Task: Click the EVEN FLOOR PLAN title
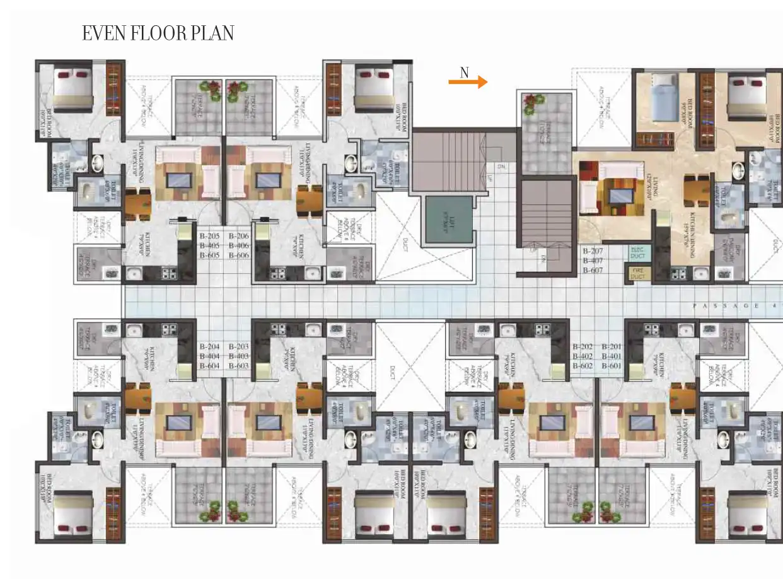click(158, 33)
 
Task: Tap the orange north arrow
click(468, 82)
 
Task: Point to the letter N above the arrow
click(464, 72)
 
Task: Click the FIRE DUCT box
click(638, 274)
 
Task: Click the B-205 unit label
click(210, 236)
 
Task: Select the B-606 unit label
click(239, 255)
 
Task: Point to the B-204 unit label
click(210, 346)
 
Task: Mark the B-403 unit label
click(239, 356)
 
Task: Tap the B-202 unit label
click(583, 346)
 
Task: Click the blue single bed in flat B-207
click(663, 98)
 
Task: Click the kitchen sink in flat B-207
click(701, 274)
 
